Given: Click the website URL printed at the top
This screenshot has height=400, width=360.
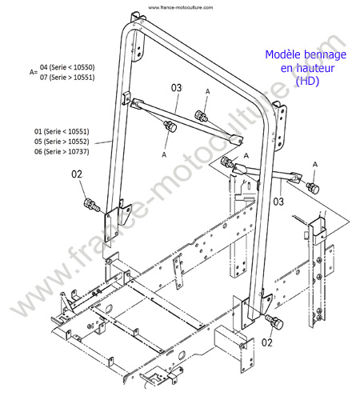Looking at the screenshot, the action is click(181, 7).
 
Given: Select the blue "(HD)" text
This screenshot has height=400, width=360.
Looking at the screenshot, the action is click(307, 81).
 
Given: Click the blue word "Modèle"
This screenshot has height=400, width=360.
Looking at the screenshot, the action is click(283, 54).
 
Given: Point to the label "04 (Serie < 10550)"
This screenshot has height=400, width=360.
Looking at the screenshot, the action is click(67, 67).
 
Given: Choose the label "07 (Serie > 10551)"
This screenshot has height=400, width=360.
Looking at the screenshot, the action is click(67, 78).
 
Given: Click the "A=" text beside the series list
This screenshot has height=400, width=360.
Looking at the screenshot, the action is click(34, 72).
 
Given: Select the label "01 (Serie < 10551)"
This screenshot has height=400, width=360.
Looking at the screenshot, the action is click(62, 131).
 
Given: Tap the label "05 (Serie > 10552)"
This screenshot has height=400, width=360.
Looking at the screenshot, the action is click(62, 142).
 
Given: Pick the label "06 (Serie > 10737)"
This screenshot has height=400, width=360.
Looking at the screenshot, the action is click(62, 151).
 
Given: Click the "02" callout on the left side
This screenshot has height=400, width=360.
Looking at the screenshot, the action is click(77, 174).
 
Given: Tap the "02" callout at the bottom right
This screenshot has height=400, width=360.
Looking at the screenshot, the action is click(267, 342).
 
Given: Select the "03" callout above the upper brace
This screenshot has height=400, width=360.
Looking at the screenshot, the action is click(176, 88).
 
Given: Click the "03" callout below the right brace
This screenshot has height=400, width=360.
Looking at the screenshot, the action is click(278, 202).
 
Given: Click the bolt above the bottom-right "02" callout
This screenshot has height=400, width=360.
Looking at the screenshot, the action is click(274, 321).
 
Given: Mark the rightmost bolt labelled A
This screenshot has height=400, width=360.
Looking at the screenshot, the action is click(313, 187).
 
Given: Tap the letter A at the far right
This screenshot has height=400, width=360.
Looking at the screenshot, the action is click(315, 165).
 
